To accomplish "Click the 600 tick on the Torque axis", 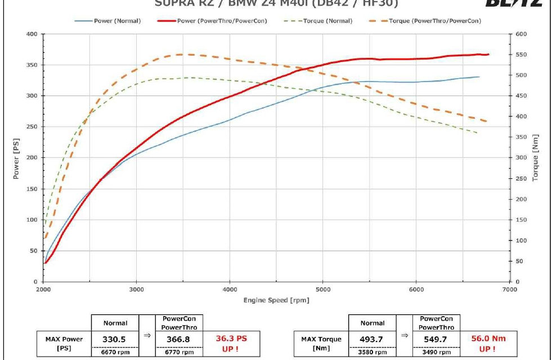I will pyautogui.click(x=521, y=34).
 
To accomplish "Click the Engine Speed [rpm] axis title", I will pyautogui.click(x=276, y=300).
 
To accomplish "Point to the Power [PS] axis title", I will pyautogui.click(x=16, y=157).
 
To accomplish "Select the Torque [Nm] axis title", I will pyautogui.click(x=535, y=157).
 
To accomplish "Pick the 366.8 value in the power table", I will pyautogui.click(x=179, y=339).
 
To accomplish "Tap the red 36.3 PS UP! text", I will pyautogui.click(x=231, y=343).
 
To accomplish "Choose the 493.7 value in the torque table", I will pyautogui.click(x=372, y=339).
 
